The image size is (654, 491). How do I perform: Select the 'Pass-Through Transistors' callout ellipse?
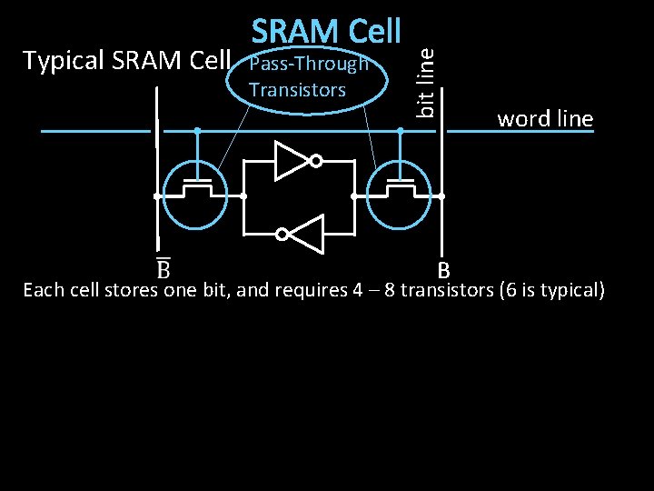coord(309,79)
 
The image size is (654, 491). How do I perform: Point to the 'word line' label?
coord(544,118)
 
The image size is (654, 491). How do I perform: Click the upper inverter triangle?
coord(292,162)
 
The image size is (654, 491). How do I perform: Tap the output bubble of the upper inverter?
coord(315,162)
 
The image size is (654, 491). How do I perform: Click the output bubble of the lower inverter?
coord(282,235)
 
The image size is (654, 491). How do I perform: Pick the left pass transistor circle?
coord(198,194)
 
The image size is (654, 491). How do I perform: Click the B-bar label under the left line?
coord(163,270)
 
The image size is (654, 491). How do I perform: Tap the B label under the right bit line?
coord(443,270)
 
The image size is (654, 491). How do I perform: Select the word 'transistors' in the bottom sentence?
coord(446,291)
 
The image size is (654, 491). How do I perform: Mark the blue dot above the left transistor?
coord(197,131)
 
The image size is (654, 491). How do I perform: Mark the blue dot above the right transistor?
coord(401,131)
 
